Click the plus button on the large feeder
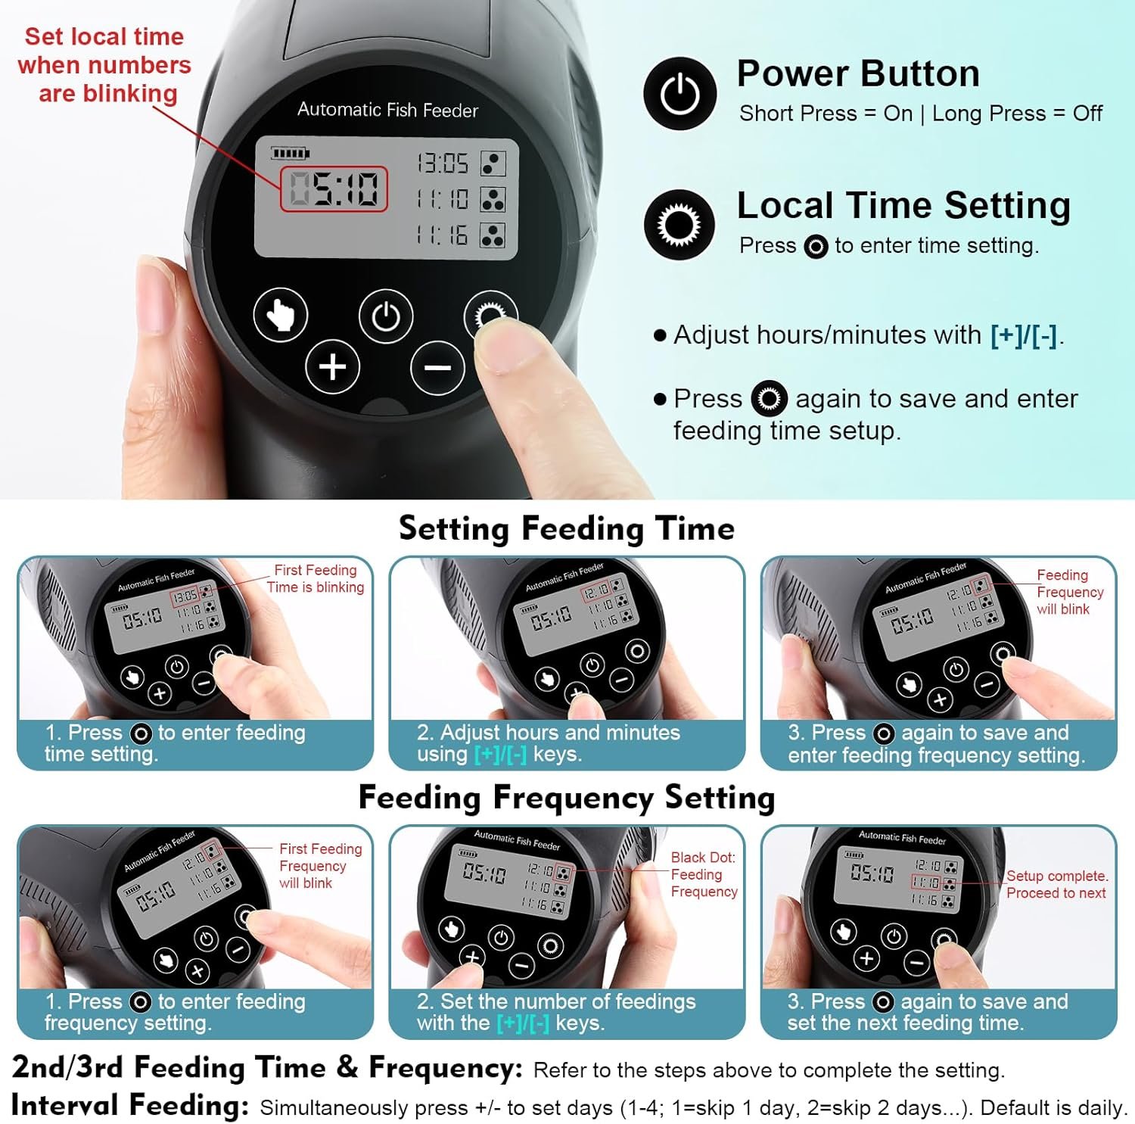(332, 367)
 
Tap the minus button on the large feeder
(437, 368)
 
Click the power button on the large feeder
(386, 316)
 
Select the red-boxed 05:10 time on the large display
(334, 188)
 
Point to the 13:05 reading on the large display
(443, 163)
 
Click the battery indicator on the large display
(291, 154)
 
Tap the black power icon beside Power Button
(679, 93)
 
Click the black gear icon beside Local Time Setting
(679, 225)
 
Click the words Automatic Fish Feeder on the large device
(387, 110)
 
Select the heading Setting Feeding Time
(567, 528)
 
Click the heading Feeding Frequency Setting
(567, 797)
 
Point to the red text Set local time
(104, 36)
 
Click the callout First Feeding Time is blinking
(316, 578)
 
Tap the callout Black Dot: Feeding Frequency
(704, 874)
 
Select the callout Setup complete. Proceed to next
(1056, 884)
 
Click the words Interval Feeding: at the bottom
(130, 1105)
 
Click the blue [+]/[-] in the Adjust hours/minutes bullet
(1023, 335)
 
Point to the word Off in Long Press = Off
(1087, 114)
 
